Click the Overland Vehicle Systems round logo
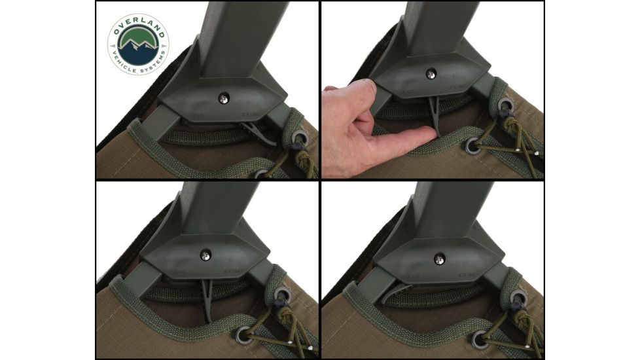[138, 45]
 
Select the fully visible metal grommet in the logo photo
[300, 138]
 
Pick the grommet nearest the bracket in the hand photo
[506, 105]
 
